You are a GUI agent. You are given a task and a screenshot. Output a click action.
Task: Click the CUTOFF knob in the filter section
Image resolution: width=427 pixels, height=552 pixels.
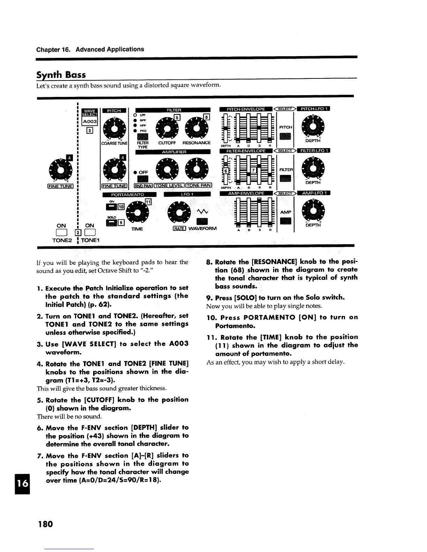(x=167, y=128)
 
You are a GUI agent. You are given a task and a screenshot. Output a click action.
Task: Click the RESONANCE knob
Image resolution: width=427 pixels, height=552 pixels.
(x=197, y=128)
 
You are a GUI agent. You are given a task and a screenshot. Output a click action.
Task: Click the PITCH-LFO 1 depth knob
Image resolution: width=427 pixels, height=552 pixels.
(x=313, y=126)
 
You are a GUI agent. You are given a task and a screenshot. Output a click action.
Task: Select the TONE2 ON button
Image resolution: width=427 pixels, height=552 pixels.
(x=61, y=232)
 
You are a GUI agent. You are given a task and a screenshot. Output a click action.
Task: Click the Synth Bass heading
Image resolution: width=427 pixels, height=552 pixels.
(x=61, y=75)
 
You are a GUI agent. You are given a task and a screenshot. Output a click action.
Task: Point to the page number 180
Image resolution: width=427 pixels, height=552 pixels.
(x=45, y=523)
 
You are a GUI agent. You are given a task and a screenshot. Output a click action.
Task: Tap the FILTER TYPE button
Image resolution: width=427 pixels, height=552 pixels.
(x=143, y=137)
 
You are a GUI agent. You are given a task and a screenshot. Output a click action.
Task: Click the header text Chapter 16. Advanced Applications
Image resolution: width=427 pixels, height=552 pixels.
(x=90, y=49)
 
